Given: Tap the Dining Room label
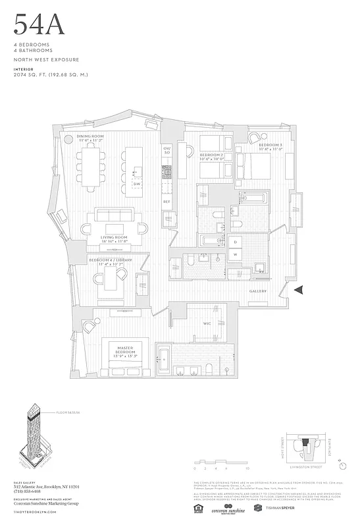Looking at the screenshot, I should (91, 136).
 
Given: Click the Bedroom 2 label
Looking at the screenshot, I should (213, 155).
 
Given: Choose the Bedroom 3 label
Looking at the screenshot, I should (270, 145).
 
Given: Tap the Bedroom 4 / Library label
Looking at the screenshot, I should (110, 260).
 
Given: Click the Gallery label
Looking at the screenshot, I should (257, 291).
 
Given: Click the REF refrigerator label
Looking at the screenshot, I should (167, 200).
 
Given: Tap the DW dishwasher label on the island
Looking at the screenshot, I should (137, 184).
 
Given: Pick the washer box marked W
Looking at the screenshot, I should (235, 255).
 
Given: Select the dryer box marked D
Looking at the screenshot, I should (235, 242).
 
